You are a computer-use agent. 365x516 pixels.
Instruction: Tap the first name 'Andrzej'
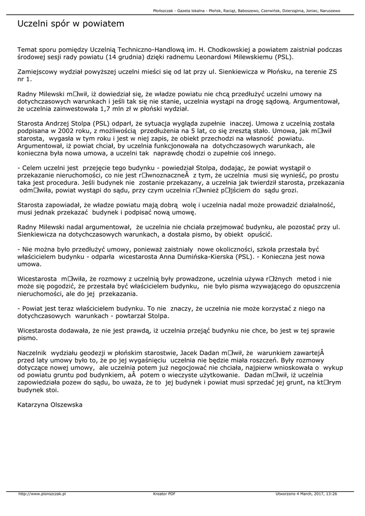(64, 122)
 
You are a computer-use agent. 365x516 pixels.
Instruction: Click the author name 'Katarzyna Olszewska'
(49, 404)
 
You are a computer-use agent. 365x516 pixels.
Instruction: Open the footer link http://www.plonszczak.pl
(42, 494)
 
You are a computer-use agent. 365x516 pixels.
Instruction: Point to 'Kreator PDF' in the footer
(164, 494)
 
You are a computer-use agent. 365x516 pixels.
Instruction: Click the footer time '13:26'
(331, 494)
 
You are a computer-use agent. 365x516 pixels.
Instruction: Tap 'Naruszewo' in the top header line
(327, 10)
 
